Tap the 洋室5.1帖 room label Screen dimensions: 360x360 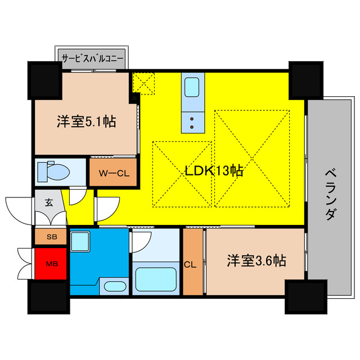(86, 121)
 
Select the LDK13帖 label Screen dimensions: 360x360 (214, 171)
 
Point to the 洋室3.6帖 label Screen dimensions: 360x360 (256, 260)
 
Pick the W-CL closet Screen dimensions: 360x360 (114, 173)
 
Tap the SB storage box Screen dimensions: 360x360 (51, 237)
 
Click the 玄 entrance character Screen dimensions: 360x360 (49, 202)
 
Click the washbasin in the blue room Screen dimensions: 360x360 (116, 286)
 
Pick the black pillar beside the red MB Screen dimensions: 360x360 (47, 295)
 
